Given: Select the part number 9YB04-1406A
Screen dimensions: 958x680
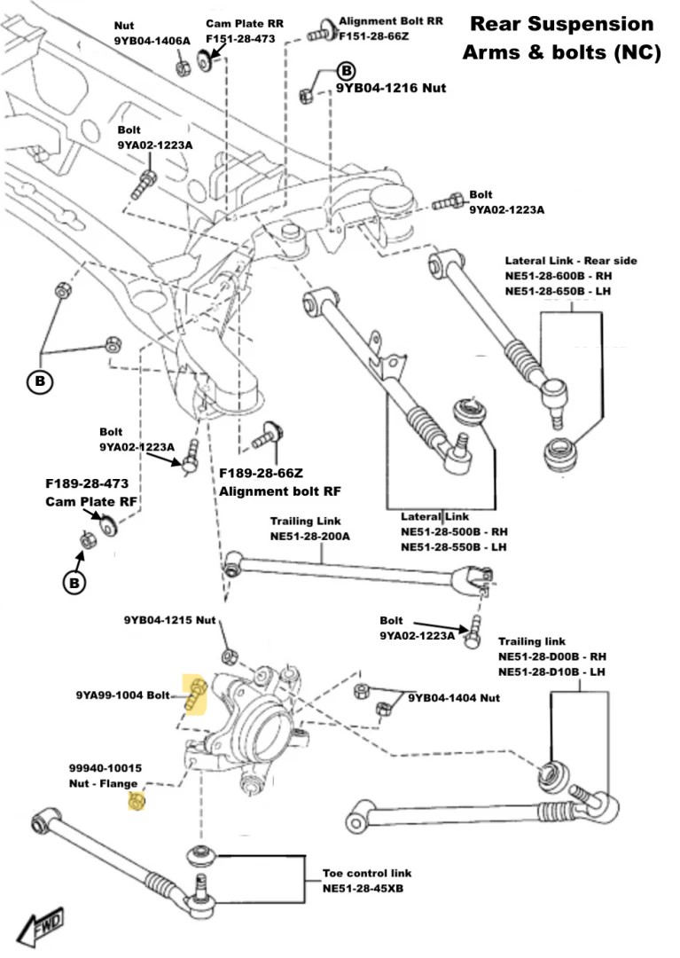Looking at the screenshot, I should (152, 40).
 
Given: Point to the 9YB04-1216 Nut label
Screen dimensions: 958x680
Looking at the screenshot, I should (390, 89).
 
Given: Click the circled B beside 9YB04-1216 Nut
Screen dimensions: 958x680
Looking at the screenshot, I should (346, 70).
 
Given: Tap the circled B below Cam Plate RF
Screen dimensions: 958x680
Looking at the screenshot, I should (74, 583).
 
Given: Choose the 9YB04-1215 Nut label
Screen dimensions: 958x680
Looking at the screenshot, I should (169, 620).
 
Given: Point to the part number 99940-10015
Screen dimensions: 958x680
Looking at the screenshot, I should (106, 768).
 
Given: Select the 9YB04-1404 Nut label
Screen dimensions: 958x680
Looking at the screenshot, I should (454, 698).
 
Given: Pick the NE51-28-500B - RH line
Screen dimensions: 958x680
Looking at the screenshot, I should (453, 532).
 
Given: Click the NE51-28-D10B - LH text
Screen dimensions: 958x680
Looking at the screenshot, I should (551, 671).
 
